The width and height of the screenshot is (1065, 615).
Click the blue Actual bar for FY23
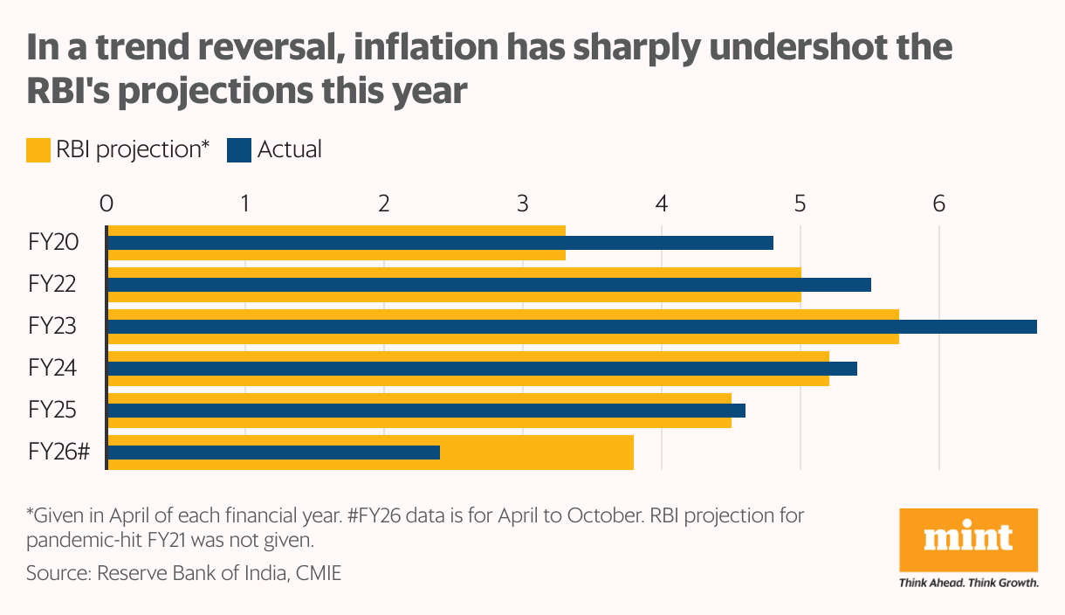click(x=572, y=327)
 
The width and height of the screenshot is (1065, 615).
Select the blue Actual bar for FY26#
click(x=272, y=453)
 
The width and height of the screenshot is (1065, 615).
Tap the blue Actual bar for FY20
click(x=439, y=243)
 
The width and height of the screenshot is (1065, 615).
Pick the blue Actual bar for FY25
click(x=425, y=411)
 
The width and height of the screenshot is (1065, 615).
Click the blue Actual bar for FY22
click(x=488, y=285)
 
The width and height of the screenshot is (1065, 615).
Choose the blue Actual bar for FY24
click(x=481, y=369)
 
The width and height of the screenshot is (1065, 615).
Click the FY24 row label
click(x=52, y=369)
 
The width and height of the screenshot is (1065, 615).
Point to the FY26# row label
click(x=58, y=453)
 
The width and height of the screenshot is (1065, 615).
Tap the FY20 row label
click(x=52, y=243)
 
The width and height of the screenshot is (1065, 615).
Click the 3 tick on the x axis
click(x=523, y=204)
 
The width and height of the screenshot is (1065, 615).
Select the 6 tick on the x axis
click(x=939, y=204)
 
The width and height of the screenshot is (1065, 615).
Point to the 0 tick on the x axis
click(x=106, y=204)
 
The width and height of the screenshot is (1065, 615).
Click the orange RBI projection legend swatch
click(x=38, y=150)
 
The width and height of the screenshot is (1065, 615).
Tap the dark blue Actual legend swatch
click(x=239, y=150)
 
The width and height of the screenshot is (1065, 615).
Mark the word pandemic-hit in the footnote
click(x=79, y=540)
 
